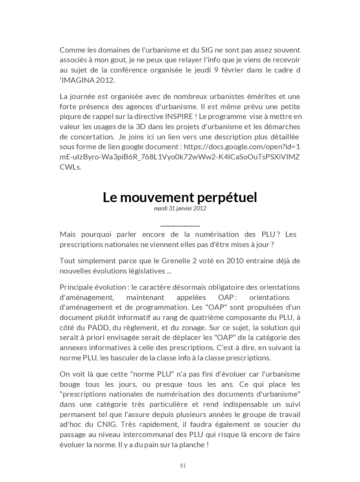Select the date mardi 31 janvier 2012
[180, 208]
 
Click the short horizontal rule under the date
[180, 226]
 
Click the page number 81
[183, 466]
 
